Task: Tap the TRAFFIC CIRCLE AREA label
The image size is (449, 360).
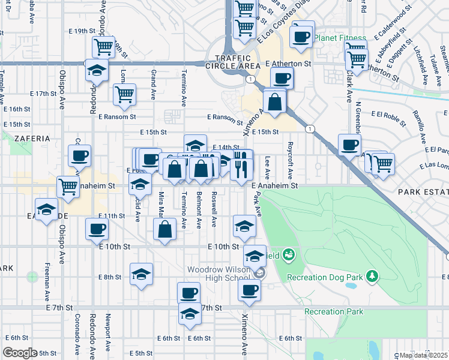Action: (x=233, y=61)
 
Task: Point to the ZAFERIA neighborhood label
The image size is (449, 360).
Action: (x=28, y=138)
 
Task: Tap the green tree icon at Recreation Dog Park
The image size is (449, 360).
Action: (x=373, y=275)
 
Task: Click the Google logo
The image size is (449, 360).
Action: (x=20, y=352)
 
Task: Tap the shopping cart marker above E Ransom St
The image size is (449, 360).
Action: (x=124, y=93)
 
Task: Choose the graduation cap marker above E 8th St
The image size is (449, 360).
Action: (x=141, y=274)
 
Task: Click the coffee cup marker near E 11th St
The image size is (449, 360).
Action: (x=97, y=229)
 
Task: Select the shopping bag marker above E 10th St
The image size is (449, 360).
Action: (x=164, y=229)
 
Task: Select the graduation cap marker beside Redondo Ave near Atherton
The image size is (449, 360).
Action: (x=97, y=70)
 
